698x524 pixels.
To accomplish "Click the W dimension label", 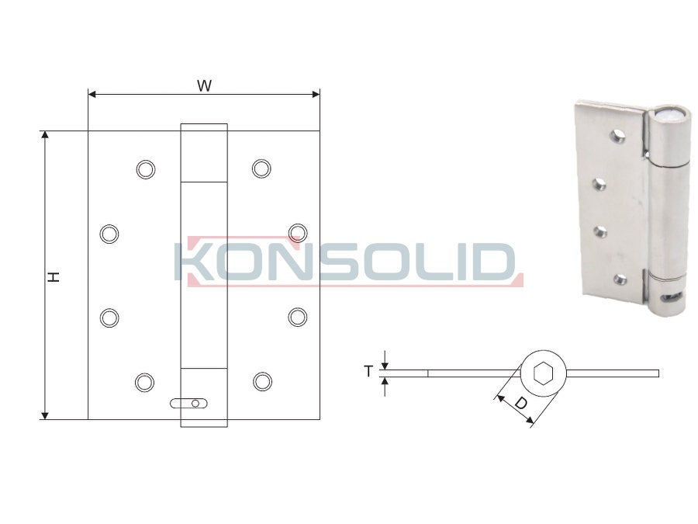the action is [204, 85].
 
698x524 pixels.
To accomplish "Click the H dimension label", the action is [54, 276].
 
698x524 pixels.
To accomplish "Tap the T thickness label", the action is [368, 371].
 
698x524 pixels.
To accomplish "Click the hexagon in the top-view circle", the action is [544, 373].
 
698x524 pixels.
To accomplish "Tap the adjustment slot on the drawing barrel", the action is [188, 403].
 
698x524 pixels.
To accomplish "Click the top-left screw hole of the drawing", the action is [146, 169].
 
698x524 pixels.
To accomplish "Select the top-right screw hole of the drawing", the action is [261, 168].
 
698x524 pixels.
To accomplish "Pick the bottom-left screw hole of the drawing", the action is [144, 382].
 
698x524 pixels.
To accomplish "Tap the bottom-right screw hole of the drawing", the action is [263, 382].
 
